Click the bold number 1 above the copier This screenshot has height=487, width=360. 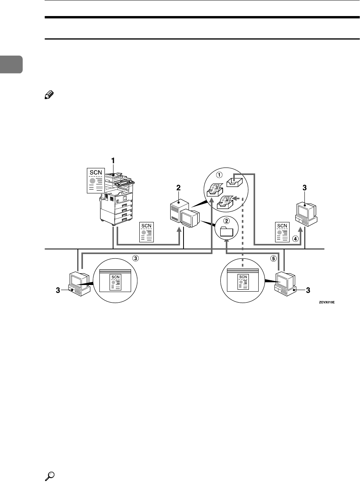tap(113, 161)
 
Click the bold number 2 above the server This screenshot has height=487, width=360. tap(178, 188)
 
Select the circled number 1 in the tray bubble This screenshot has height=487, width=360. tap(219, 175)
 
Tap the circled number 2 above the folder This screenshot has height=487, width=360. tap(226, 220)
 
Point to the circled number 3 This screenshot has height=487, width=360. tap(135, 258)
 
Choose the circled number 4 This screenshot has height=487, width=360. tap(295, 239)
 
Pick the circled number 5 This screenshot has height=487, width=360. tap(273, 259)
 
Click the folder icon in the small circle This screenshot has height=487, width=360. tap(227, 231)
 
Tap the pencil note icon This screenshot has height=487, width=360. tap(49, 95)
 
